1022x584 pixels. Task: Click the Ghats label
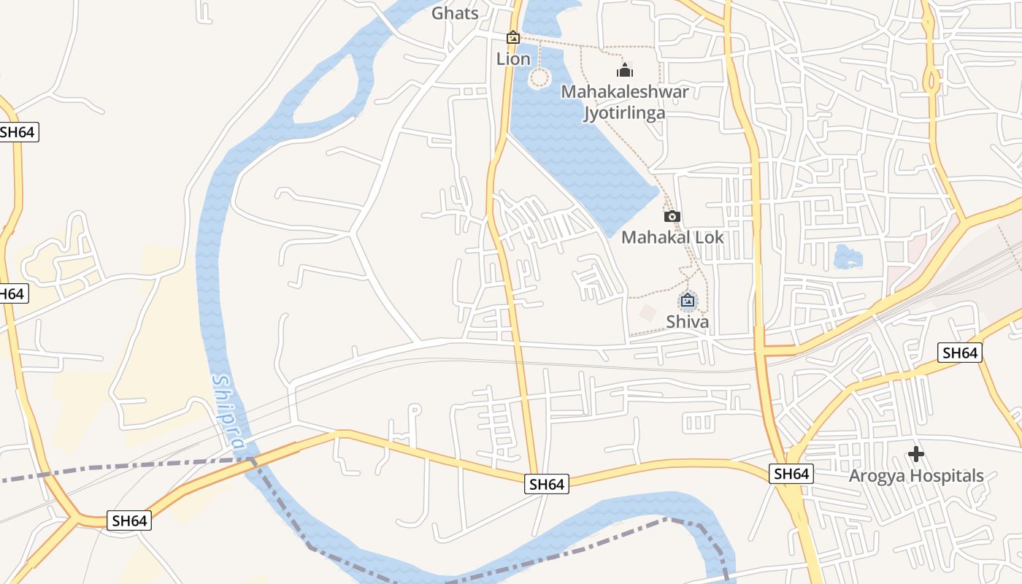click(x=455, y=13)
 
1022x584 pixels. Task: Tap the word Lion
click(x=513, y=59)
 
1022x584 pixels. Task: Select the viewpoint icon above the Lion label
click(x=513, y=36)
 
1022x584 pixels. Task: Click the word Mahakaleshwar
click(x=624, y=92)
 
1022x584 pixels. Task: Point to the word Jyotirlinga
click(x=624, y=112)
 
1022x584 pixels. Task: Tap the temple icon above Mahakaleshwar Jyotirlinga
click(x=624, y=70)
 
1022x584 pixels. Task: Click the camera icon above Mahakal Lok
click(x=672, y=216)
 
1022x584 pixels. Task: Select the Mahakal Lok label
click(x=672, y=237)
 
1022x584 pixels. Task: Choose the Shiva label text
click(x=687, y=321)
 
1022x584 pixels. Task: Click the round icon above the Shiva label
click(x=687, y=299)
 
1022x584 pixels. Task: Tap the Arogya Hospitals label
click(x=915, y=476)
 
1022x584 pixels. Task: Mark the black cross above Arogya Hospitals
click(x=915, y=454)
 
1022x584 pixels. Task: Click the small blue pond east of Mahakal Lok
click(x=848, y=256)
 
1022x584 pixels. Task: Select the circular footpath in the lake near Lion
click(x=539, y=77)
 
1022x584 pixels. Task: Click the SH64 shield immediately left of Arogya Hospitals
click(x=791, y=474)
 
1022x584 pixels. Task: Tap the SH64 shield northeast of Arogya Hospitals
click(x=959, y=353)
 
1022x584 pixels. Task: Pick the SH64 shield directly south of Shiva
click(x=546, y=483)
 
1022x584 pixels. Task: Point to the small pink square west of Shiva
click(x=648, y=312)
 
